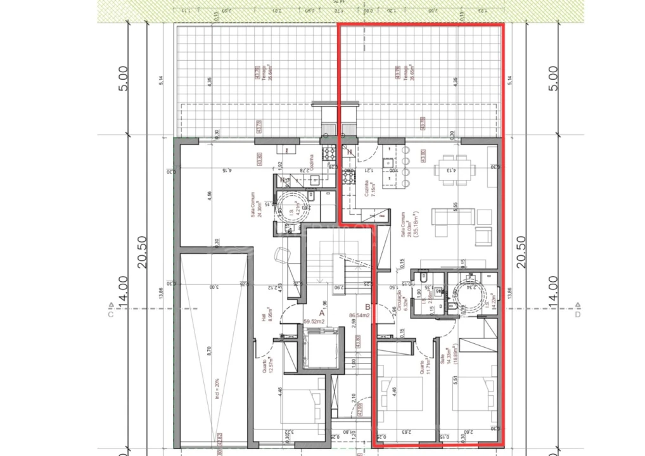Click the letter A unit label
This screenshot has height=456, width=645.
(x=321, y=312)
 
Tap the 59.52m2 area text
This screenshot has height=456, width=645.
(x=314, y=321)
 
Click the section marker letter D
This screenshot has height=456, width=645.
(x=577, y=313)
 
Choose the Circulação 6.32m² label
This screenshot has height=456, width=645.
(x=401, y=294)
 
